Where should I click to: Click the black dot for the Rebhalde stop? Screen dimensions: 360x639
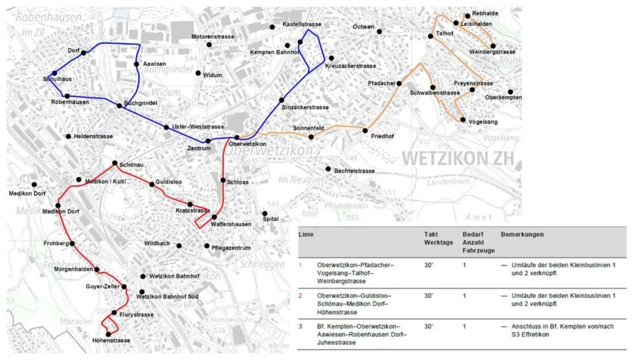point(467,15)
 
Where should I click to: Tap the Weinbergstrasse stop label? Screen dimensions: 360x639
point(493,52)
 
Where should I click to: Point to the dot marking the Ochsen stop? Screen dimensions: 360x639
point(380,31)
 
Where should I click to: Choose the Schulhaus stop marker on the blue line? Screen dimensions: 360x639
point(54,73)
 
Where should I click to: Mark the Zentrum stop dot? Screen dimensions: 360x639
point(208,141)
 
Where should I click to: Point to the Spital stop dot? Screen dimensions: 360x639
point(265,214)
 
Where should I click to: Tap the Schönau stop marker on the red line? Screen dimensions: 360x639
point(114,162)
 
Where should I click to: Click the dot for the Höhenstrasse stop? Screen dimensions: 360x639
point(108,334)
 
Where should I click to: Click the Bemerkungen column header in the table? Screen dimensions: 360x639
point(522,234)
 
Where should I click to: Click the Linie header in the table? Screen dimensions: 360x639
point(306,234)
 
